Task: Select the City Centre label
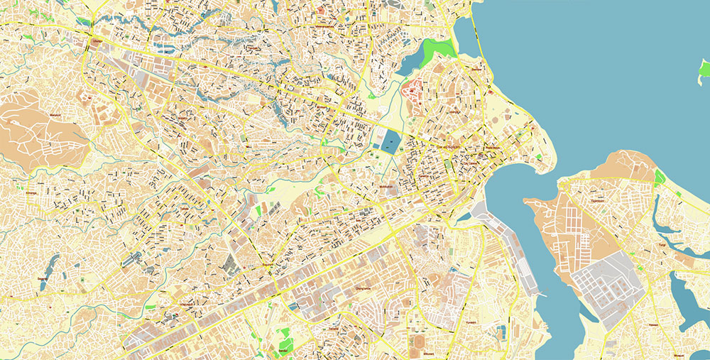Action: pos(471,163)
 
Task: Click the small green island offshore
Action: pos(704,69)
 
